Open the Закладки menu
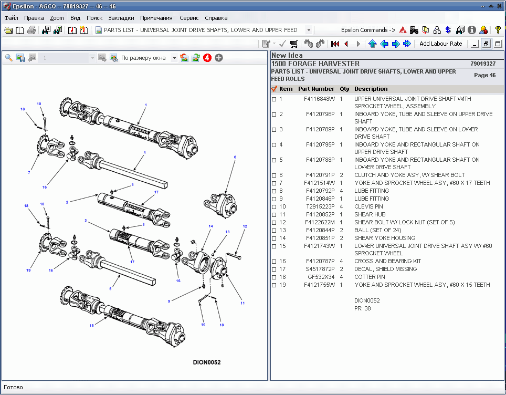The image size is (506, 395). click(121, 17)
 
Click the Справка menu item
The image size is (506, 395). click(216, 17)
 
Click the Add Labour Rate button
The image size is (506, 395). click(440, 44)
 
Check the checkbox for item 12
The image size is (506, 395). click(274, 222)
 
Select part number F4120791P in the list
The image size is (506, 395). click(320, 175)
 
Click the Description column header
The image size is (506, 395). click(371, 89)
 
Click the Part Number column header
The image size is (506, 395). click(316, 89)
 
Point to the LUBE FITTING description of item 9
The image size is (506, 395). click(372, 199)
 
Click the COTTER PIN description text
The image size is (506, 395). click(370, 277)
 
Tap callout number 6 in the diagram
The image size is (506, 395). click(235, 157)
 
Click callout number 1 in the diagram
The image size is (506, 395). click(146, 105)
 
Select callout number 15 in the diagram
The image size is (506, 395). click(91, 326)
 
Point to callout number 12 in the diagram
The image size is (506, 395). click(245, 226)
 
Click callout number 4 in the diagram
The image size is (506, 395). click(144, 152)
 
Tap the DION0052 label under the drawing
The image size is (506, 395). click(207, 362)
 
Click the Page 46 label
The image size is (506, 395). click(484, 75)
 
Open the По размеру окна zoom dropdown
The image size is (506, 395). click(174, 58)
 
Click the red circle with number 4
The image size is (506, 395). click(207, 58)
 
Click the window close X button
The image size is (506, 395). click(500, 6)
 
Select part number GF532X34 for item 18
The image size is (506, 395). click(321, 277)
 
